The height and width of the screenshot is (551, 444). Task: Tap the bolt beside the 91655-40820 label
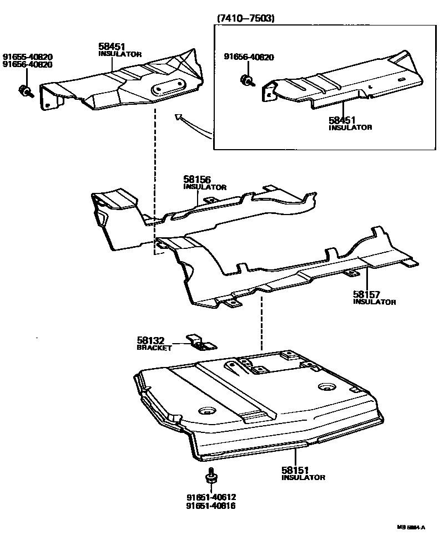25,91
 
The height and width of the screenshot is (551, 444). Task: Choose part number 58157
366,294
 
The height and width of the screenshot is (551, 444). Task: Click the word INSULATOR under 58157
375,302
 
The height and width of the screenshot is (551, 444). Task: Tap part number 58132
150,340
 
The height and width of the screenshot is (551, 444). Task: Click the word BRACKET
154,348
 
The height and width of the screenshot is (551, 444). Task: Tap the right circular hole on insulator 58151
325,387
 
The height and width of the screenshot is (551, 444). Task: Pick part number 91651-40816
211,506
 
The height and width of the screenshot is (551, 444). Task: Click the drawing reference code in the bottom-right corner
411,528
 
